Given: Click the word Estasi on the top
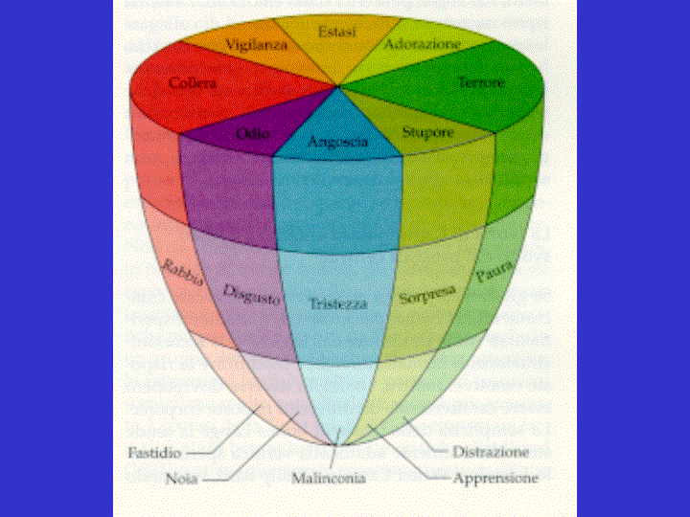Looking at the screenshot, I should [x=337, y=33].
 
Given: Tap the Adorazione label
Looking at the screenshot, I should [x=423, y=44].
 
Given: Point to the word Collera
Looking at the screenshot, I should [x=192, y=83].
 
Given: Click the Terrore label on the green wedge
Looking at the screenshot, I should [x=480, y=83].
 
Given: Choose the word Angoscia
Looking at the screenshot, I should [x=338, y=142].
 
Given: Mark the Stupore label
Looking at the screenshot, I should [x=427, y=133].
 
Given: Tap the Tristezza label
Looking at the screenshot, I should [x=337, y=303].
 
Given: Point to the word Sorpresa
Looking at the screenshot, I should [x=426, y=291].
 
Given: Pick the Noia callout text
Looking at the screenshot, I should [x=181, y=477].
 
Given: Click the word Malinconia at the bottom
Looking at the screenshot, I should [x=330, y=477].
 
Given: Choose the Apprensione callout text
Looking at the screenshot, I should [x=494, y=477].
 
